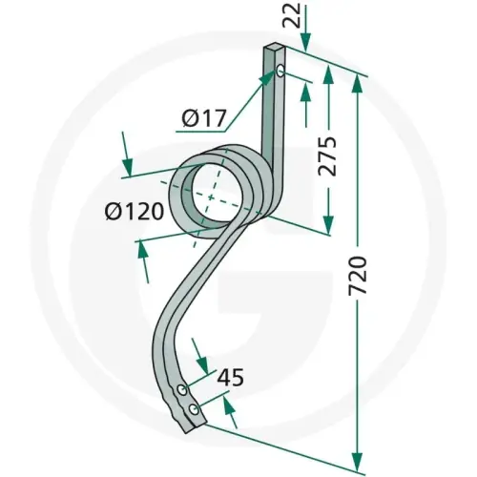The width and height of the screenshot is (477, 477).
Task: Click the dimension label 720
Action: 359,275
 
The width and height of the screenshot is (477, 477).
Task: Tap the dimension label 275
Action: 327,156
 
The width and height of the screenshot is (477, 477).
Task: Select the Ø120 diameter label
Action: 134,211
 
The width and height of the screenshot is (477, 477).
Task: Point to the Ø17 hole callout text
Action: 204,117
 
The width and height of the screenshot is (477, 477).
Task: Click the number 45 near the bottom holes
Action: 230,378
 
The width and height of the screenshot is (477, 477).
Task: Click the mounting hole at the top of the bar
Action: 280,71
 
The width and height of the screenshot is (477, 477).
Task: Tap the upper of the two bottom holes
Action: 181,389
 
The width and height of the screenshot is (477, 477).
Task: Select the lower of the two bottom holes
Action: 194,409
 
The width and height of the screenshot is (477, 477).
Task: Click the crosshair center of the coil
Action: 210,197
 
